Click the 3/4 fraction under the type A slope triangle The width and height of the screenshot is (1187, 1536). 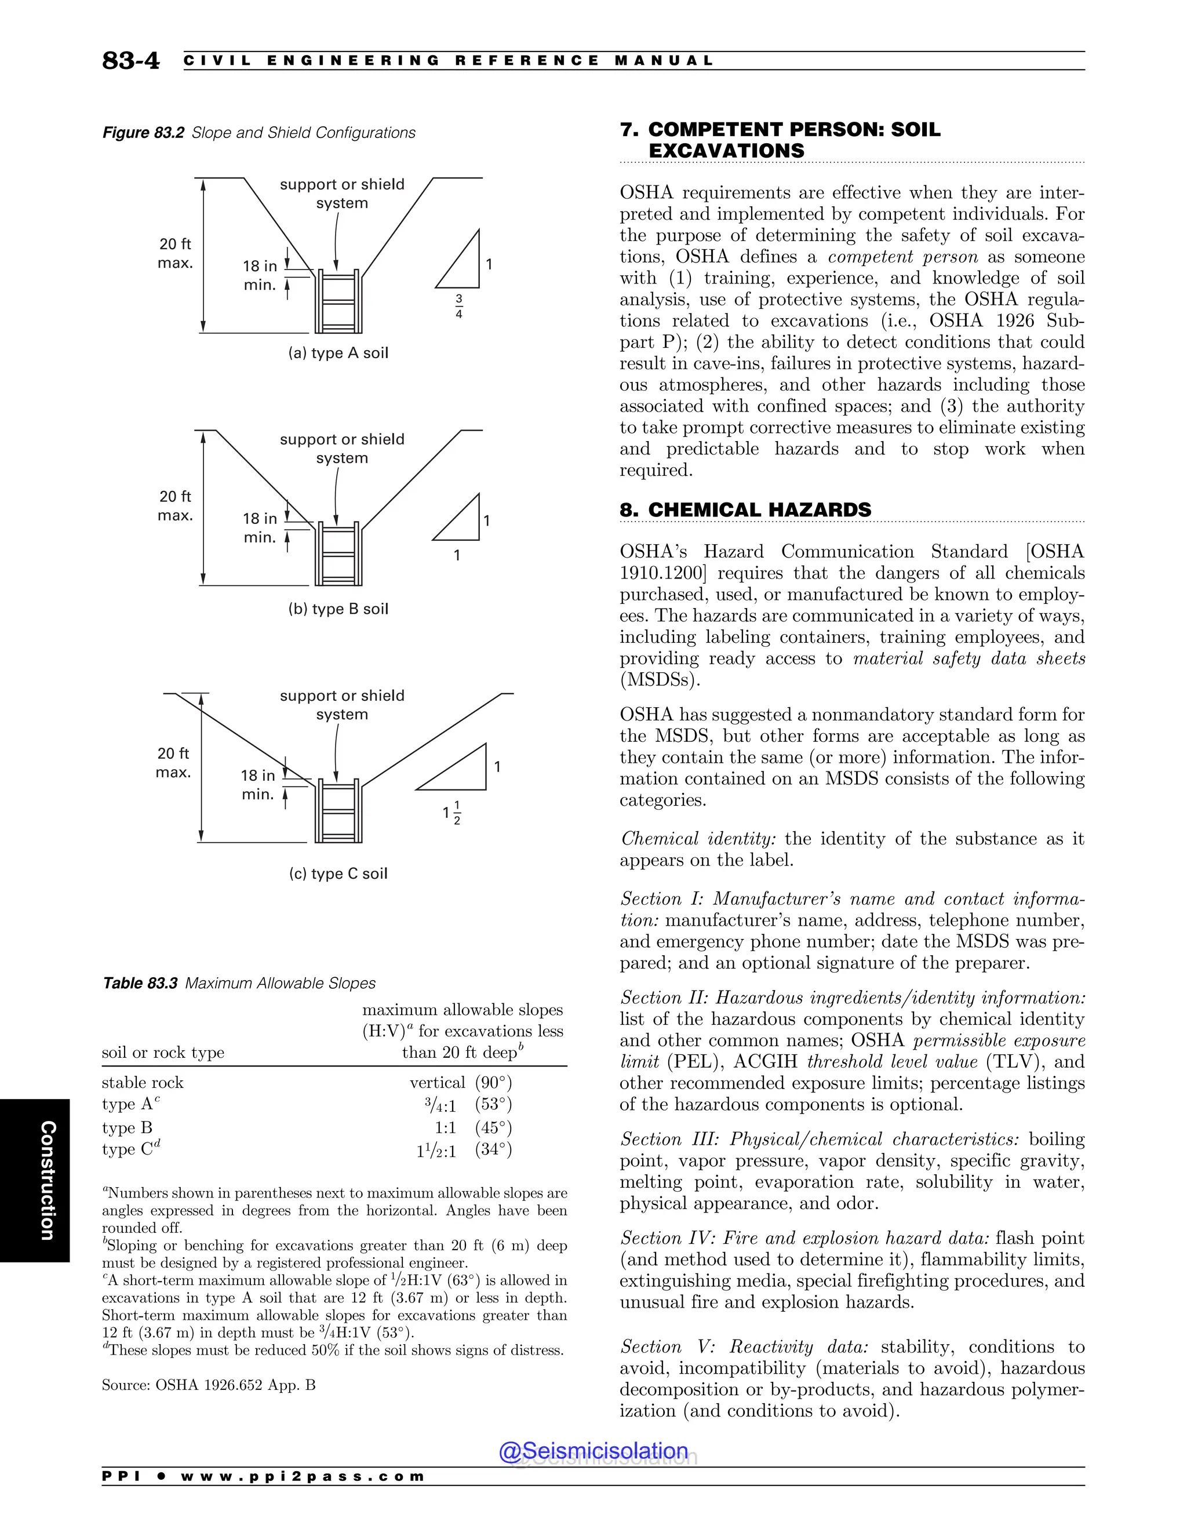(x=458, y=307)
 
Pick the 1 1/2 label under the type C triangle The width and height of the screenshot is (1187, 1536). (x=452, y=812)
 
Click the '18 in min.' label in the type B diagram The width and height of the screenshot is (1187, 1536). (x=260, y=528)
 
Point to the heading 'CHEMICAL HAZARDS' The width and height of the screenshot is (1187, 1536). (x=759, y=510)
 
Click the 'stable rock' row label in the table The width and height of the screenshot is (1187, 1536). (x=143, y=1082)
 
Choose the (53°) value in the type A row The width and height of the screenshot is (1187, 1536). (x=493, y=1104)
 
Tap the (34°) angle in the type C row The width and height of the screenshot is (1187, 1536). (x=493, y=1149)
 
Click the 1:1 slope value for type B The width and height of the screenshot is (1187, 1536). (x=445, y=1127)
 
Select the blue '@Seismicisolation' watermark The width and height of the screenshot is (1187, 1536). (x=593, y=1451)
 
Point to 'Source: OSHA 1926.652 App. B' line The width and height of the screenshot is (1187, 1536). (x=209, y=1385)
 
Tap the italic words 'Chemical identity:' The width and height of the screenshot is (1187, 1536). (x=699, y=839)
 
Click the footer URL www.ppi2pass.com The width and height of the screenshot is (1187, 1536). (x=303, y=1476)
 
